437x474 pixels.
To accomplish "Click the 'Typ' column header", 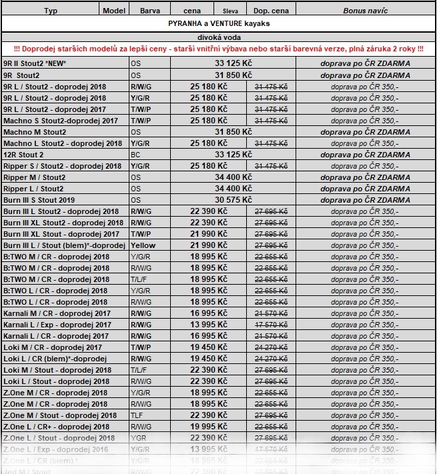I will pos(51,11).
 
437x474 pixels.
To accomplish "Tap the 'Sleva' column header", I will pos(230,11).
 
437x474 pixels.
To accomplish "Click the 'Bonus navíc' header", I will pos(365,11).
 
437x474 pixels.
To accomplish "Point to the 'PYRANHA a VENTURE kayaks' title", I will pos(219,23).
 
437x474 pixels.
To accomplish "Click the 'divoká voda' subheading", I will pos(219,37).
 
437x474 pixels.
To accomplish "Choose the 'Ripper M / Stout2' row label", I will pos(34,177).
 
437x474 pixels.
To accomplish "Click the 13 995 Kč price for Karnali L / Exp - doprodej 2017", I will pos(208,325).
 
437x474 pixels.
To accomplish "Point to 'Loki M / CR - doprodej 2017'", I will pos(53,347).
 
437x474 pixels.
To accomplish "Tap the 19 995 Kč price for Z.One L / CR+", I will pos(208,427).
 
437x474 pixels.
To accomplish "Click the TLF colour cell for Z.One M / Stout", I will pos(137,415).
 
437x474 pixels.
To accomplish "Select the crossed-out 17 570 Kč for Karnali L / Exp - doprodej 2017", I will pos(271,325).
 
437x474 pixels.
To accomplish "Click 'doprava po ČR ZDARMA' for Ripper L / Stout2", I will pos(365,189).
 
